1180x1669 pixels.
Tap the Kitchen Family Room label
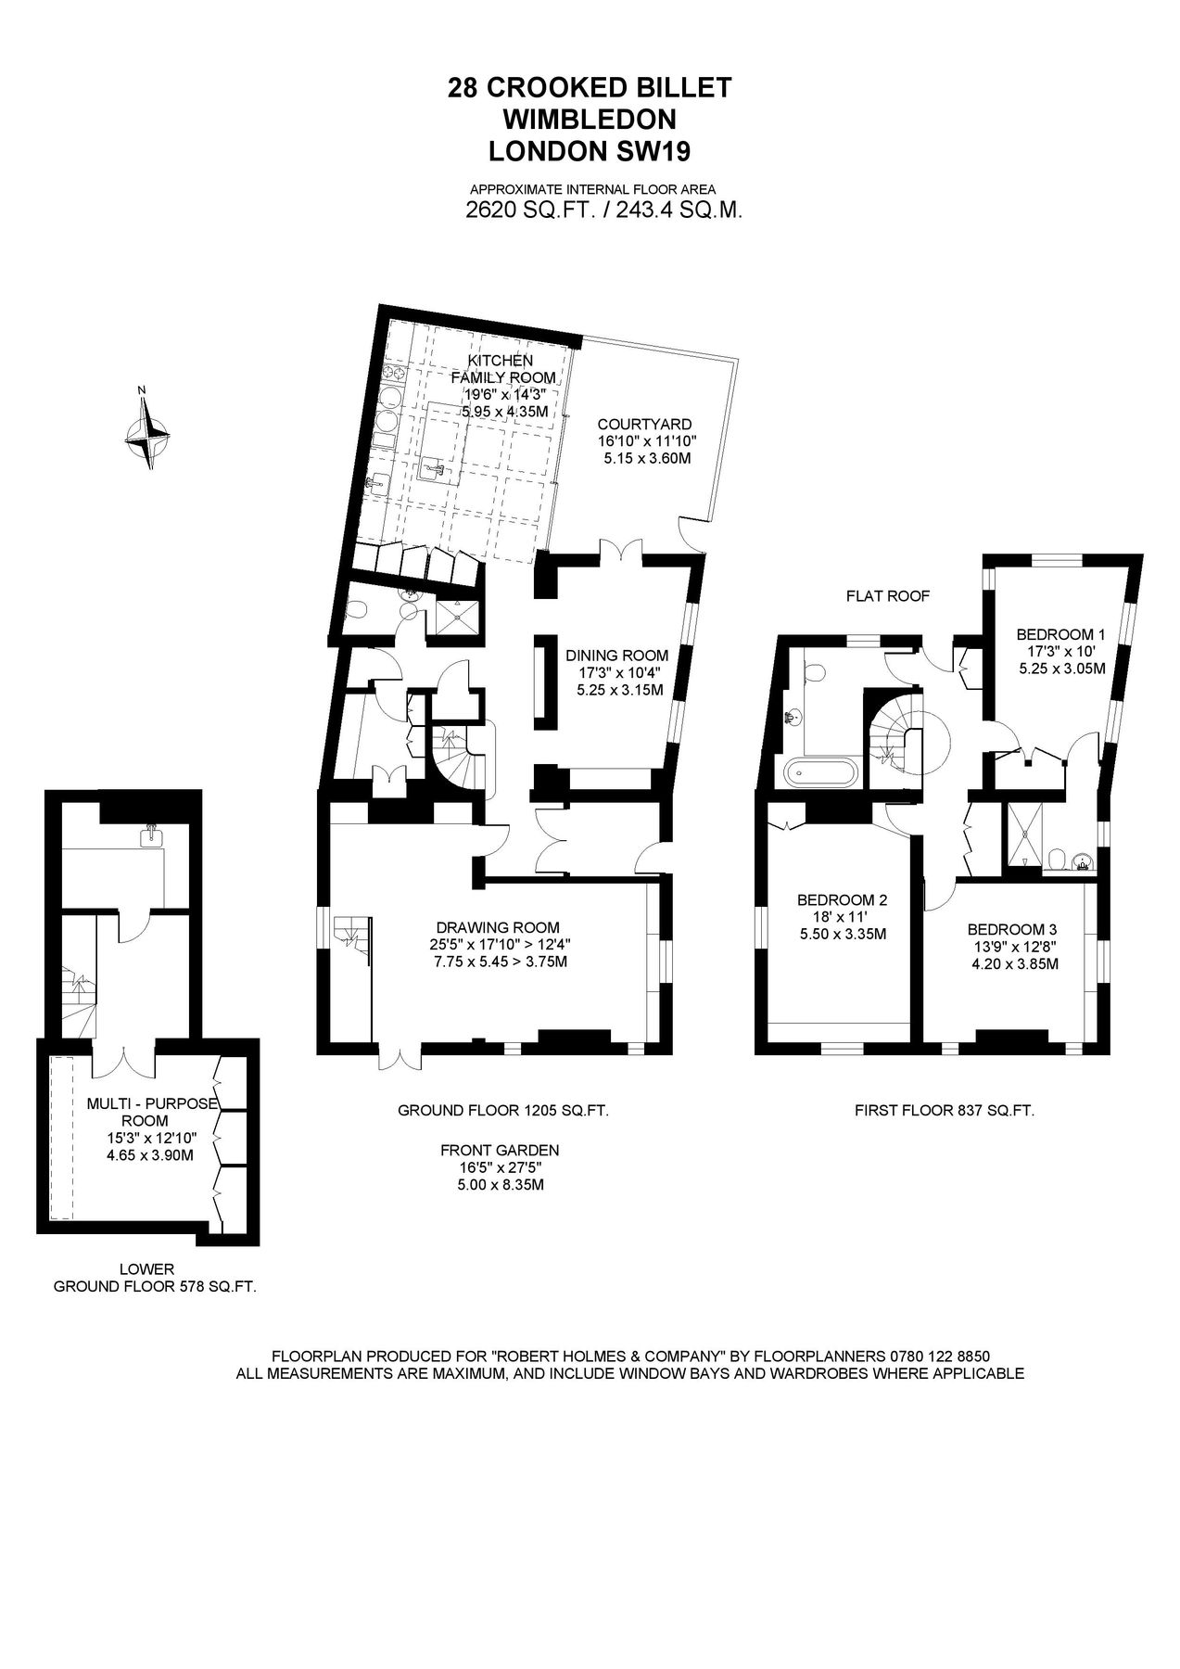502,369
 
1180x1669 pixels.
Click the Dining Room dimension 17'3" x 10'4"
616,672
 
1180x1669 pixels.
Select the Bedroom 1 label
1055,634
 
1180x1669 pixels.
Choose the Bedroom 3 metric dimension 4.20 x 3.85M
1012,963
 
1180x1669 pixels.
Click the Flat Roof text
887,596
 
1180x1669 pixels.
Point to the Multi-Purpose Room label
151,1112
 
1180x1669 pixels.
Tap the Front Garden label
500,1151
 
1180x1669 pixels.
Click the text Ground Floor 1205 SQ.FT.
503,1110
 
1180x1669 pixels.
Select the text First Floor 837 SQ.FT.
945,1110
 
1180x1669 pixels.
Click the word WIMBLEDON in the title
590,119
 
